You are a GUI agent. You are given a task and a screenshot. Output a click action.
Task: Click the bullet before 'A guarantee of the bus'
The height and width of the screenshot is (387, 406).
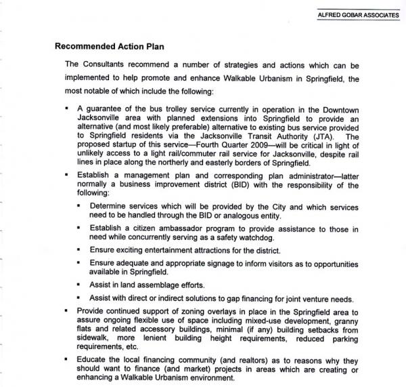(68, 108)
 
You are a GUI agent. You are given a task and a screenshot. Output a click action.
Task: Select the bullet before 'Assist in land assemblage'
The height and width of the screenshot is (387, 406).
(80, 285)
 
